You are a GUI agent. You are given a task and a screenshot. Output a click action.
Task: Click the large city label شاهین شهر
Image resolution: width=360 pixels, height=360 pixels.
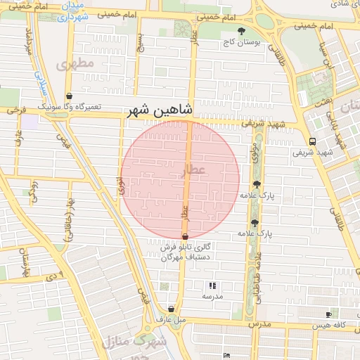click(160, 110)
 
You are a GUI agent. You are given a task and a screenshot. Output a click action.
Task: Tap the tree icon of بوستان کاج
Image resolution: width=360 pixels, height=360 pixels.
click(242, 31)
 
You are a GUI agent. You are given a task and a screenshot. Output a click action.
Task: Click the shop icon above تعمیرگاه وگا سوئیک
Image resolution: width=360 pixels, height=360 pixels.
click(69, 96)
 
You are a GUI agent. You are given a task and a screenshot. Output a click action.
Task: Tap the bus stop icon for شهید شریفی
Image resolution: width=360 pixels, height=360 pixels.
click(312, 141)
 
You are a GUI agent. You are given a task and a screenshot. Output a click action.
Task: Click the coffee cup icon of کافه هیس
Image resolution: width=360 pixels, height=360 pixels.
click(328, 314)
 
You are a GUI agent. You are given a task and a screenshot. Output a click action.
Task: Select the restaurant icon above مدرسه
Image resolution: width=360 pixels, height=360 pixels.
click(212, 286)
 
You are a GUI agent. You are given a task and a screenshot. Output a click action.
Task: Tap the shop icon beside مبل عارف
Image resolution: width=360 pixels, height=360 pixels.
click(171, 309)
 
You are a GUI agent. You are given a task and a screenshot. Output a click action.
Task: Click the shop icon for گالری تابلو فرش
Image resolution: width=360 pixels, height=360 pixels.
click(185, 237)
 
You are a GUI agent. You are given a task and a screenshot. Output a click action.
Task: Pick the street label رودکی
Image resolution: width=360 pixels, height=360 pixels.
click(32, 190)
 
